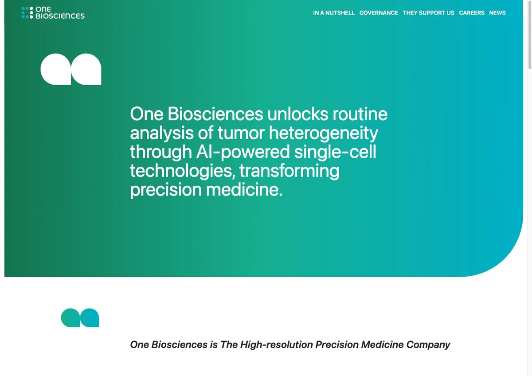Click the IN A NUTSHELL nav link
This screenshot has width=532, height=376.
pos(334,13)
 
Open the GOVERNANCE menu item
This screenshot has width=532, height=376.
pos(379,13)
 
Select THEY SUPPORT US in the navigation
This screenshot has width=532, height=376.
pos(428,13)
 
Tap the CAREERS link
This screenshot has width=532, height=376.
pos(472,13)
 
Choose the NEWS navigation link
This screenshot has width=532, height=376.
pos(497,13)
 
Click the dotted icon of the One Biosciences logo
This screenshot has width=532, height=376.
pos(27,12)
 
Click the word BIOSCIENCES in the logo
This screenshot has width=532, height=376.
pos(60,16)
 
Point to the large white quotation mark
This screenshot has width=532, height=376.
pos(71,69)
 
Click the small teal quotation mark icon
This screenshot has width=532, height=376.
pos(80,318)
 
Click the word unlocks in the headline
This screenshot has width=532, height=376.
pos(298,114)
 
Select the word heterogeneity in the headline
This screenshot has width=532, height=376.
pos(324,133)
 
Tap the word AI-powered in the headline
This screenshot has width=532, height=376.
pos(243,152)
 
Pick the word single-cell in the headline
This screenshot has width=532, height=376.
pos(335,152)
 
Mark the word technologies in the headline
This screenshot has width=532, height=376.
pos(183,171)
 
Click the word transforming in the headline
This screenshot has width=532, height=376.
pos(289,171)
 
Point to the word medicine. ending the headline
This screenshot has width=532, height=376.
pos(244,190)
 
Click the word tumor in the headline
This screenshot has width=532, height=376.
pos(241,133)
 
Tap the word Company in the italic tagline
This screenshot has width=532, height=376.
pos(428,345)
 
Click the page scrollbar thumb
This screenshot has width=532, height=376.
pos(530,35)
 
